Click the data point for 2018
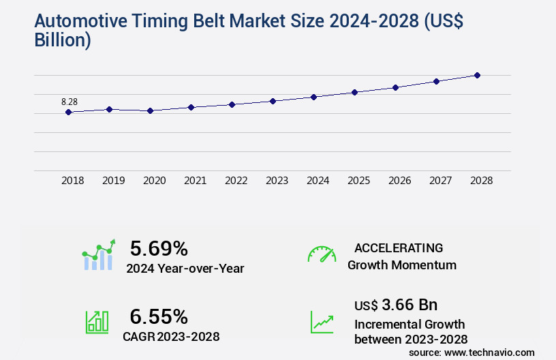coord(69,112)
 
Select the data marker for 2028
coord(478,75)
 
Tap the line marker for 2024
coord(314,97)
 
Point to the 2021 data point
coord(191,107)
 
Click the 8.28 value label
coord(69,102)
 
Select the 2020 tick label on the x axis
coord(155,181)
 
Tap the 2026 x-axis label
coord(399,181)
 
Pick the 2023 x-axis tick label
coord(277,181)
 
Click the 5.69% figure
coord(159,248)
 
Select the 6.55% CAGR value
coord(159,316)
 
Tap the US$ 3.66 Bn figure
coord(396,304)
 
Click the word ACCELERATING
coord(399,247)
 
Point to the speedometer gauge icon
coord(322,254)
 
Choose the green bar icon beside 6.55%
coord(97,322)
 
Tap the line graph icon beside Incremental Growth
coord(322,322)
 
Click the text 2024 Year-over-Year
coord(185,269)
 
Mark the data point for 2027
coord(437,81)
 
